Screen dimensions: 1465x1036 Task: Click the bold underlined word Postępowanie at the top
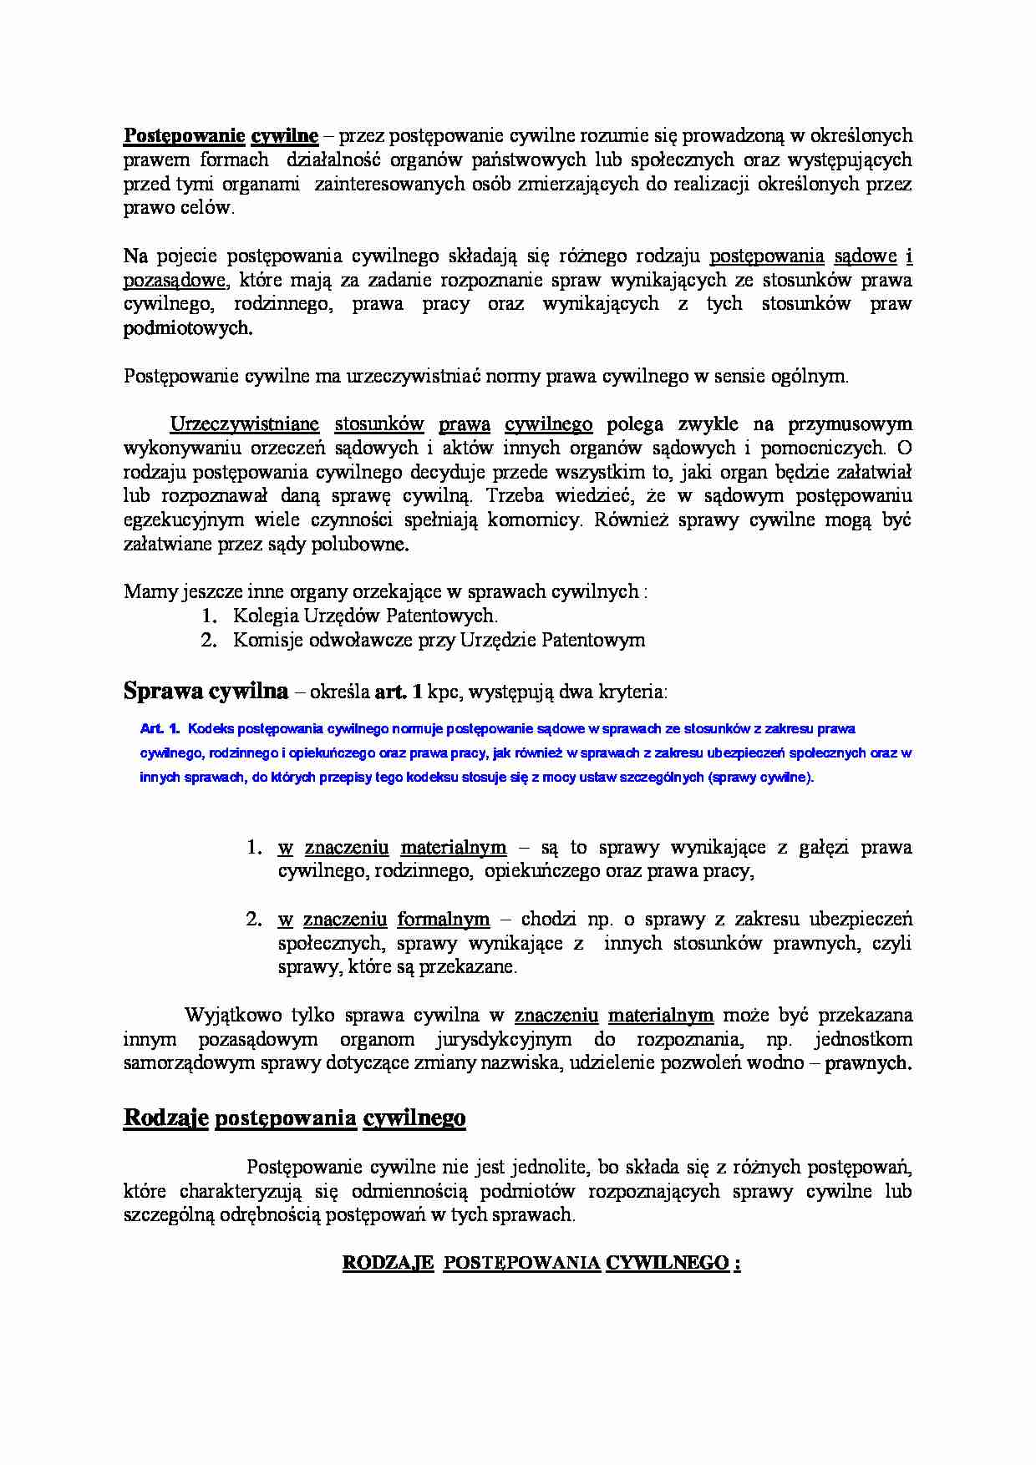(x=184, y=136)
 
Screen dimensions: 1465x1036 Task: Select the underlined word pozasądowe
(x=174, y=281)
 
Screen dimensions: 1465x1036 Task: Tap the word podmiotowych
(x=188, y=328)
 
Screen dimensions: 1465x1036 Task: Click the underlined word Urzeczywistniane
(x=244, y=424)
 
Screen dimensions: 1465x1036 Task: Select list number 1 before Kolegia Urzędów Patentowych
(x=209, y=616)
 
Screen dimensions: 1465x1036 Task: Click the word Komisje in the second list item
(x=267, y=641)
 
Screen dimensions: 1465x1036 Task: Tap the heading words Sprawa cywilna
(x=206, y=691)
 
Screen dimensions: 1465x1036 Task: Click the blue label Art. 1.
(x=160, y=729)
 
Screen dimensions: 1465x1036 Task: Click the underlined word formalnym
(x=443, y=920)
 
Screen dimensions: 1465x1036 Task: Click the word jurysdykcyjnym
(x=503, y=1040)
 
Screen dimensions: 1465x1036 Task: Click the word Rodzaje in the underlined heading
(x=165, y=1118)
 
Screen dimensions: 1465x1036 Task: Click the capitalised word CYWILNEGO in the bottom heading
(x=667, y=1263)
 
